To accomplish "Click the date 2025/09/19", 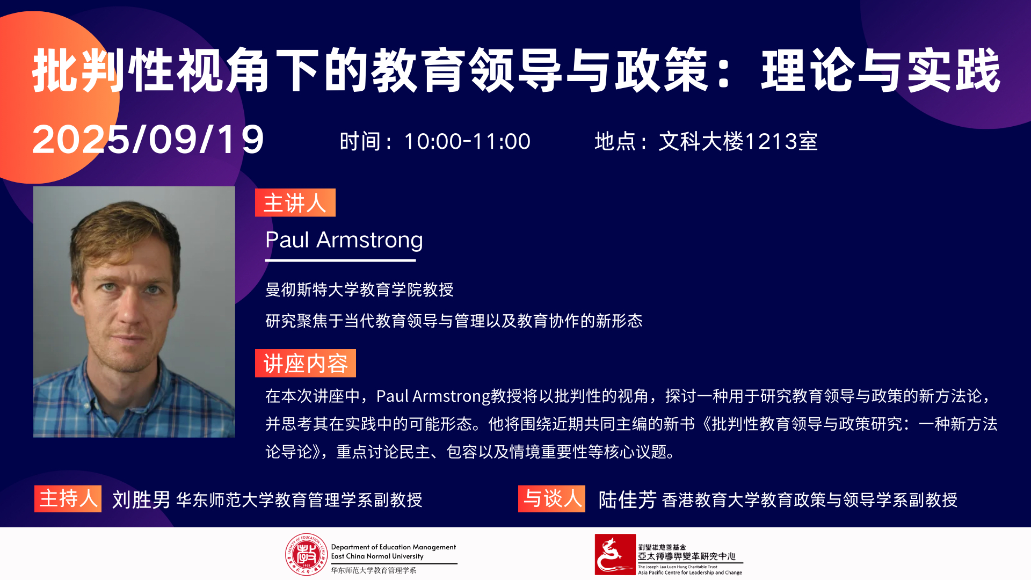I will tap(148, 140).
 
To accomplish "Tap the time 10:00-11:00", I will tap(467, 142).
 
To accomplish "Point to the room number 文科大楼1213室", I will tap(738, 142).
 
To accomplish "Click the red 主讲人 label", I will tap(295, 203).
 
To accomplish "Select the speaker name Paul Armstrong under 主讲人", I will tap(344, 240).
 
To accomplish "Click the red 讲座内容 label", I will tap(305, 364).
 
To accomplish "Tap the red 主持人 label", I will tap(68, 499).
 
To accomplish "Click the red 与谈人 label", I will tap(551, 499).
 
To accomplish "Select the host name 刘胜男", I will tap(141, 500).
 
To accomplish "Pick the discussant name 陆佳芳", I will tap(627, 500).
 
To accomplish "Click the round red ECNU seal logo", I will tap(306, 555).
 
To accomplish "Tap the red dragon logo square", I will tap(615, 555).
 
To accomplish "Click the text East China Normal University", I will tap(377, 556).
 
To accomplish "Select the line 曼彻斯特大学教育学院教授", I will tap(359, 290).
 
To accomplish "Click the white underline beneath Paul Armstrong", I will tap(340, 260).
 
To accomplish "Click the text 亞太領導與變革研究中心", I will tap(686, 556).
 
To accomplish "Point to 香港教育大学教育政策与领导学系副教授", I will tap(809, 500).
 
